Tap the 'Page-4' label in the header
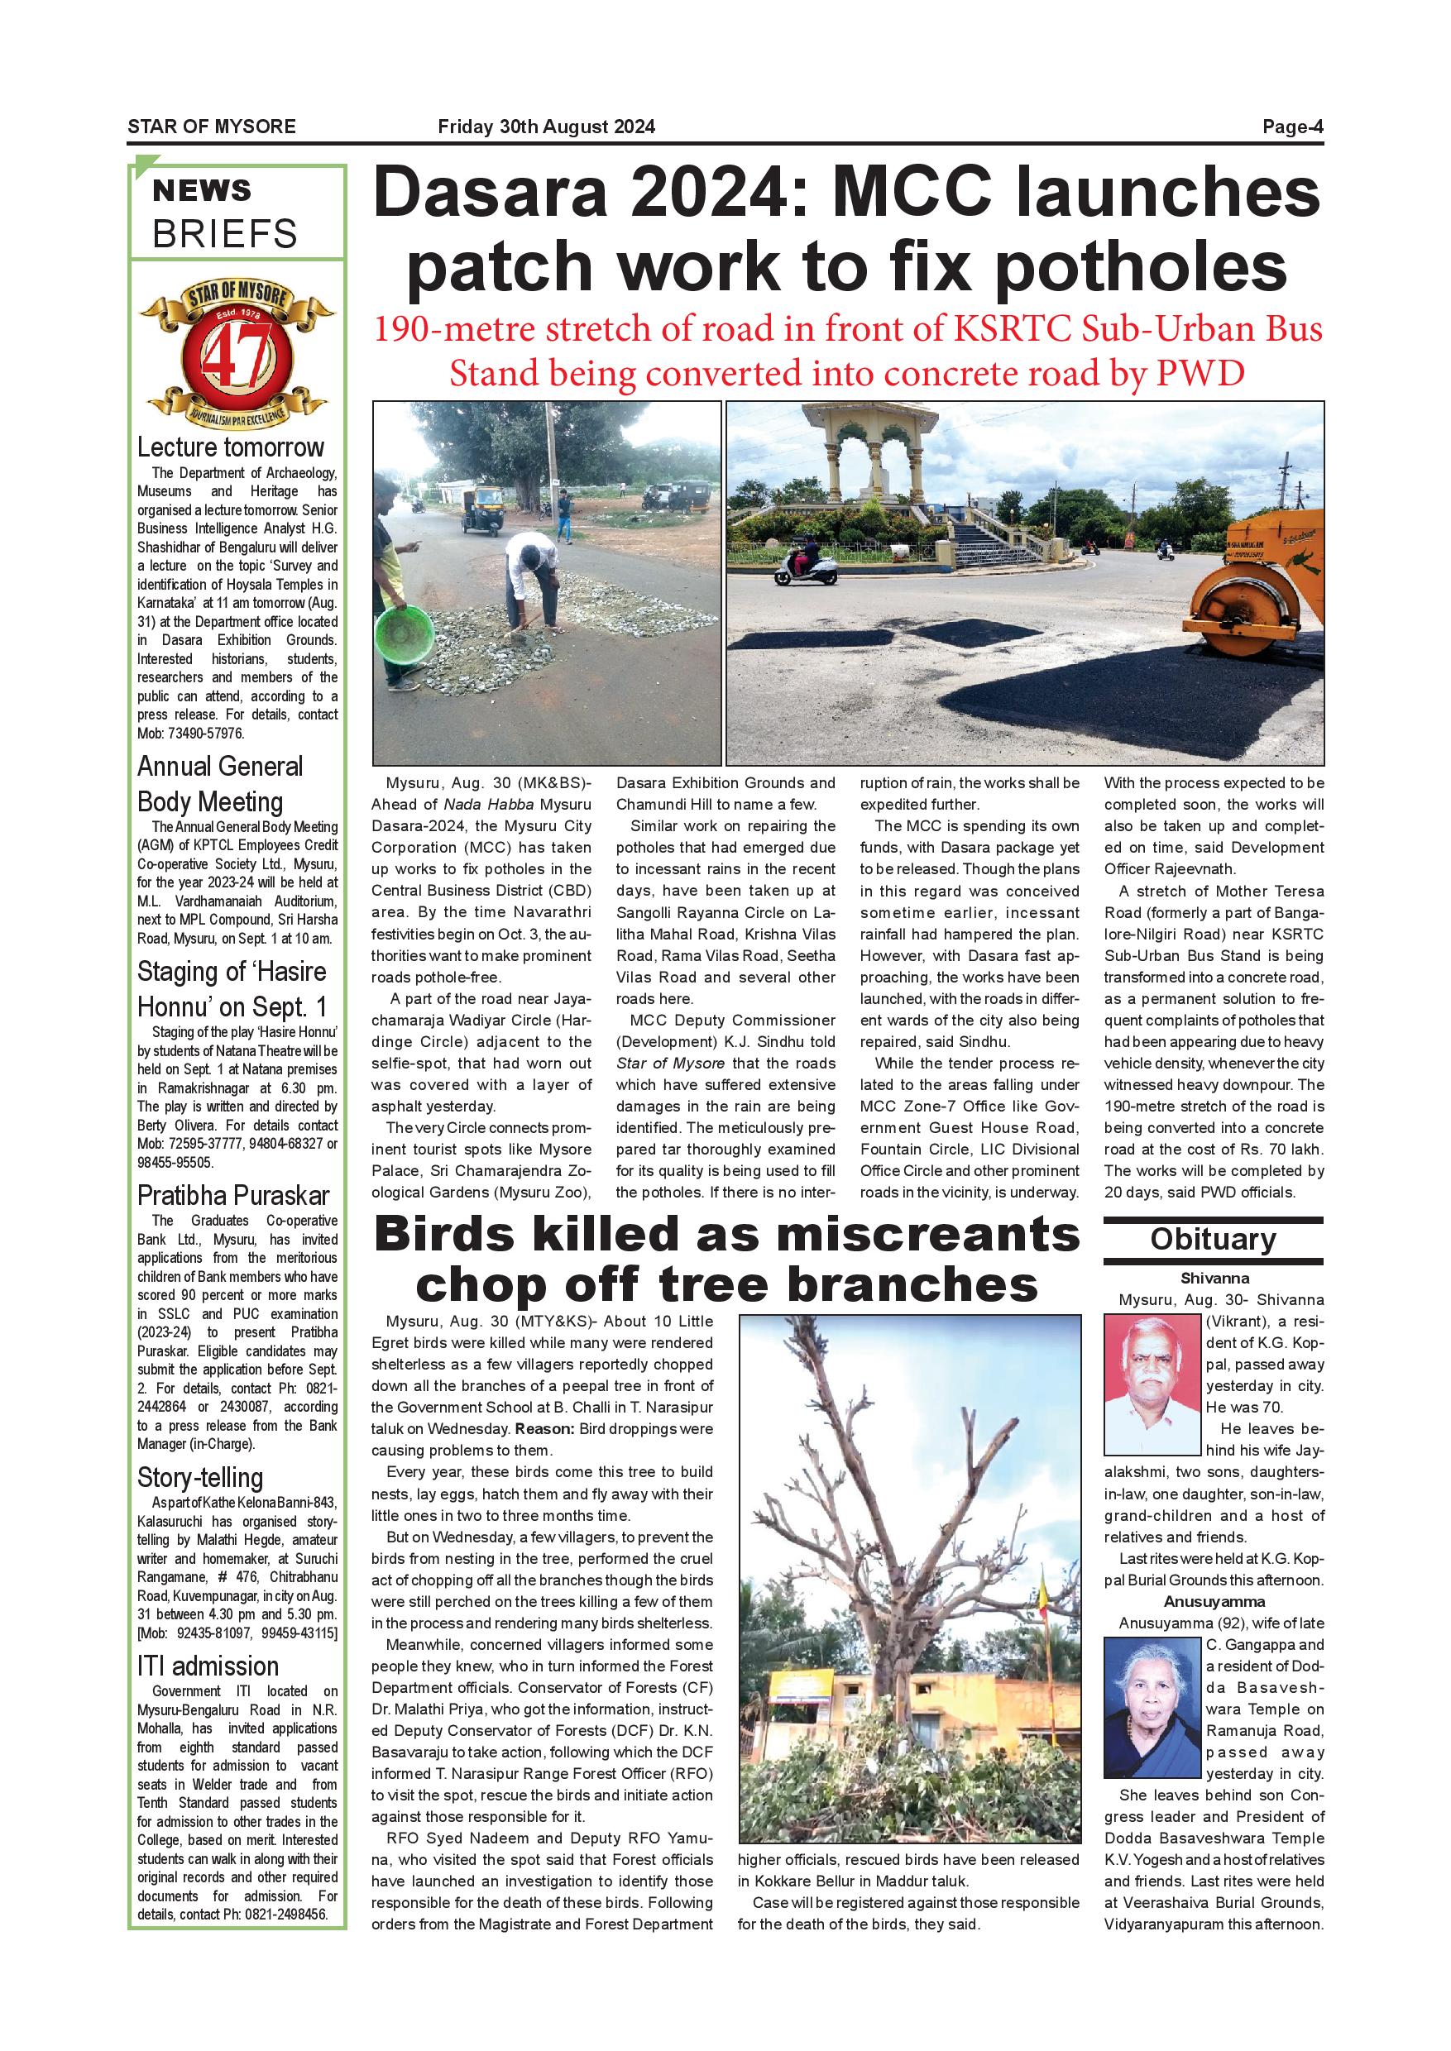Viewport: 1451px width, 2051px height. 1292,127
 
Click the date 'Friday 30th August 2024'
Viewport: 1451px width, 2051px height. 546,127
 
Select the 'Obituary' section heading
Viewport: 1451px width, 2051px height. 1213,1239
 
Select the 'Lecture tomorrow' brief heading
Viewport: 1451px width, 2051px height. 231,447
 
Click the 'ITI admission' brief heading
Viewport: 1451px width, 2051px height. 208,1666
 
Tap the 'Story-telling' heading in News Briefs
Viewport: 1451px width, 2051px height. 200,1478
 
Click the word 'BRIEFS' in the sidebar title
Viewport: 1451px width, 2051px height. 225,234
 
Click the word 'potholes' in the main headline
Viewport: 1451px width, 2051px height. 1140,266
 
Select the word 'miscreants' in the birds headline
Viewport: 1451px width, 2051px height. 920,1236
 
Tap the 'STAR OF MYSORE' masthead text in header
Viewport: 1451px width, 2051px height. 211,127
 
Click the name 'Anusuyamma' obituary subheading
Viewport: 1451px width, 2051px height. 1214,1602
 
